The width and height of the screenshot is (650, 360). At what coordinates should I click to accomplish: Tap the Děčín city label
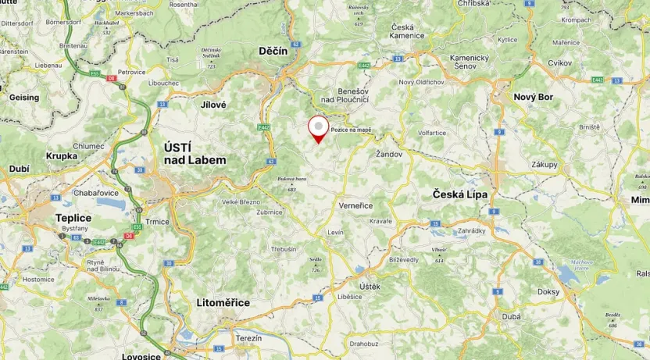274,51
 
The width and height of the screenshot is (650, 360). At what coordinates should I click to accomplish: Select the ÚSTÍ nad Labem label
195,154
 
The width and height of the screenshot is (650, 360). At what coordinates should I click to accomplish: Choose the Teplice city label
73,218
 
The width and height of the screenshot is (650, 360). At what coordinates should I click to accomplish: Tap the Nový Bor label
533,97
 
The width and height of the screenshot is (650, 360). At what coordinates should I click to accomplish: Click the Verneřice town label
355,205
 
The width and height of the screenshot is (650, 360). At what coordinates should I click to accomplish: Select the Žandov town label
388,154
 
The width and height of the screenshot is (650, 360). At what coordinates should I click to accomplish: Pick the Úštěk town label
370,287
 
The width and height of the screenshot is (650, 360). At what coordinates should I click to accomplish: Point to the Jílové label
212,104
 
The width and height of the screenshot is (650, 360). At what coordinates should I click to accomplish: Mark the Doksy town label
548,291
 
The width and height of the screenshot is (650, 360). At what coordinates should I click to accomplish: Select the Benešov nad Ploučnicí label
339,94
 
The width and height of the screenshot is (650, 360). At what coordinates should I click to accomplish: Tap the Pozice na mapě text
351,130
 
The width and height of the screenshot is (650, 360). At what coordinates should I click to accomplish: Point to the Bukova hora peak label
291,180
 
